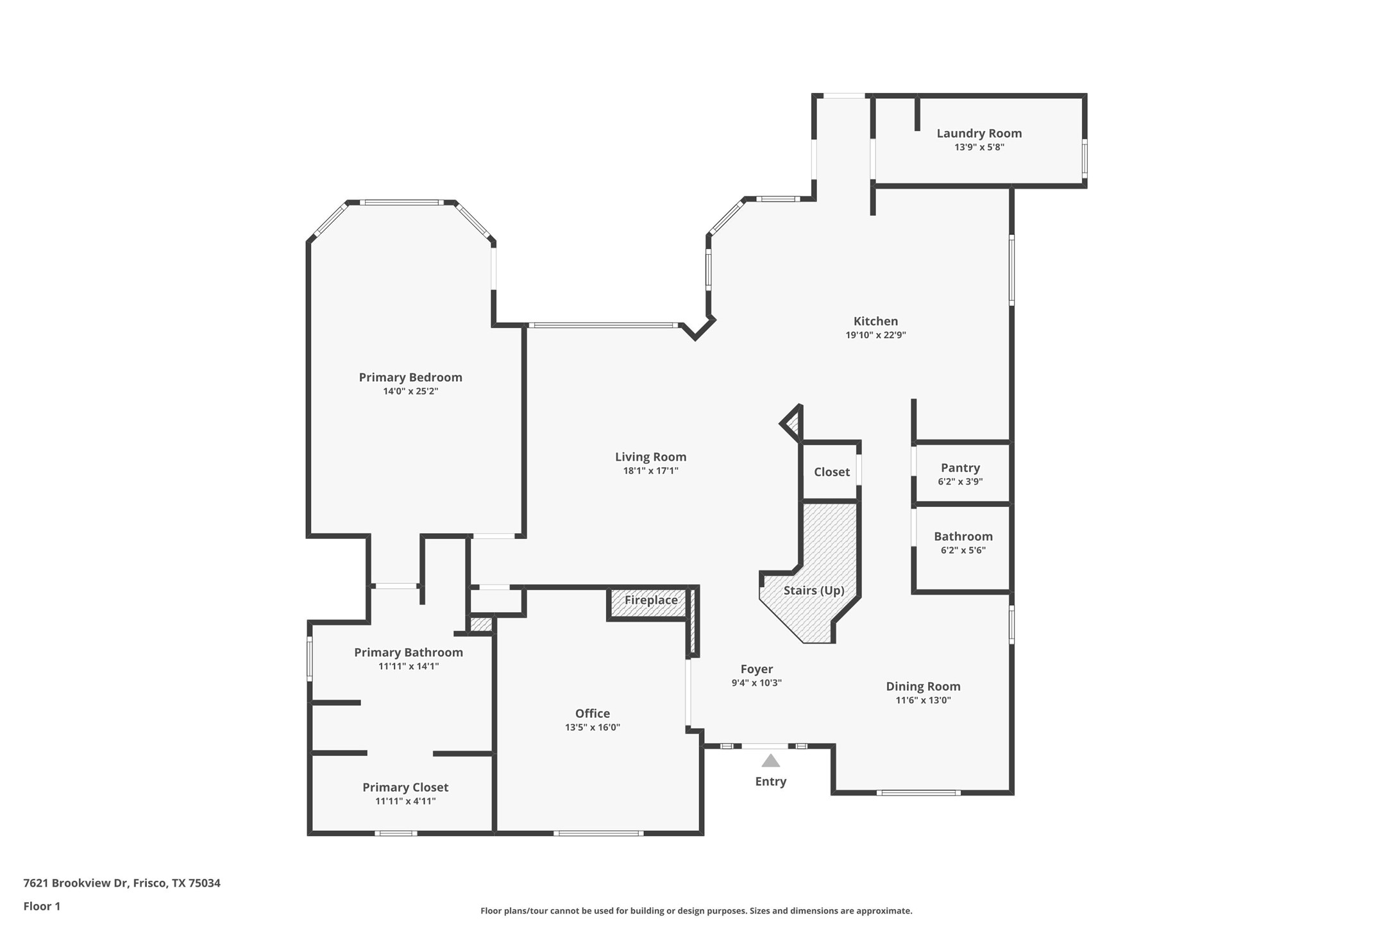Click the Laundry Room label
pyautogui.click(x=979, y=133)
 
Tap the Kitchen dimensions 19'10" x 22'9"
pyautogui.click(x=875, y=335)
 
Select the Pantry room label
pyautogui.click(x=960, y=468)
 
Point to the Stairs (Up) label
pyautogui.click(x=813, y=590)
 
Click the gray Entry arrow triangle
pyautogui.click(x=770, y=761)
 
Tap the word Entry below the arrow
pyautogui.click(x=770, y=781)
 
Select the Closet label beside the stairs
pyautogui.click(x=831, y=472)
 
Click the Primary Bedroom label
pyautogui.click(x=410, y=377)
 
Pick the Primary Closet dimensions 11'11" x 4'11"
pyautogui.click(x=405, y=801)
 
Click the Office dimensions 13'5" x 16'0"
pyautogui.click(x=592, y=728)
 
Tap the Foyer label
pyautogui.click(x=756, y=669)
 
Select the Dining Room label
pyautogui.click(x=923, y=686)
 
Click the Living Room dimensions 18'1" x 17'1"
pyautogui.click(x=650, y=471)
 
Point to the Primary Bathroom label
pyautogui.click(x=409, y=652)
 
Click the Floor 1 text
pyautogui.click(x=42, y=907)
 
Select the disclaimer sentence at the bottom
pyautogui.click(x=696, y=911)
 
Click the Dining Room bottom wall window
pyautogui.click(x=918, y=793)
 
